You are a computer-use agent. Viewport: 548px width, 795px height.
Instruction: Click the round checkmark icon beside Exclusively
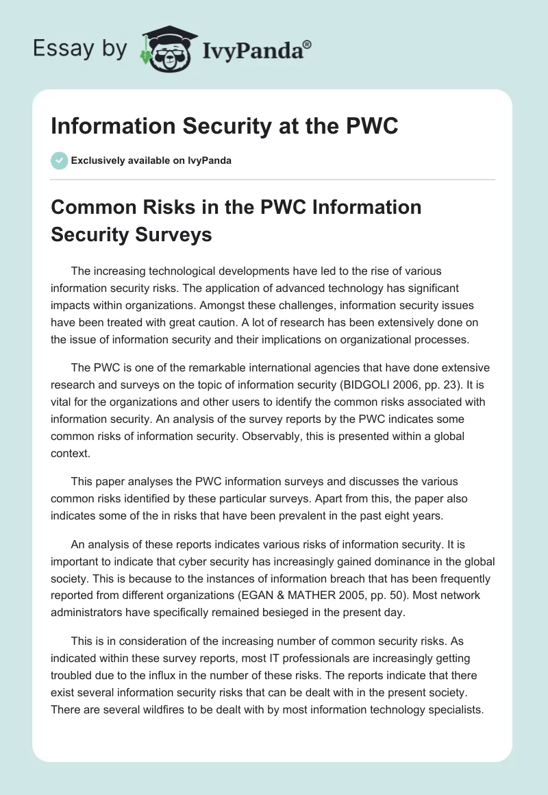click(x=59, y=160)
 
